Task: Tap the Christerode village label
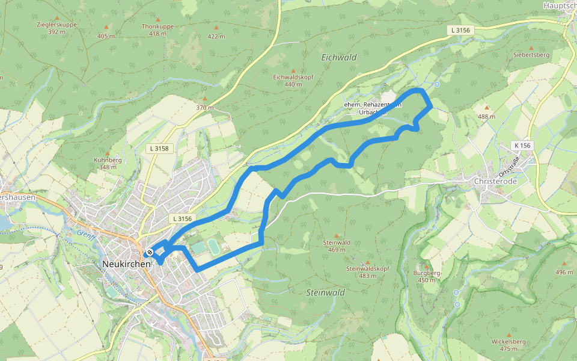coord(496,180)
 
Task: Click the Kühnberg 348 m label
coord(108,163)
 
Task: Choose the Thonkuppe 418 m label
coord(157,30)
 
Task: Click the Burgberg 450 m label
coord(427,276)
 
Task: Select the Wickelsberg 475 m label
coord(508,345)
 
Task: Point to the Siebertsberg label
coord(531,55)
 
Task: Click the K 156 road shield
coord(522,145)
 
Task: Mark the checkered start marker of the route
coord(149,252)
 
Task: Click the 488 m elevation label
coord(486,116)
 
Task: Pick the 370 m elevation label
coord(204,108)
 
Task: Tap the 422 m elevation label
coord(216,36)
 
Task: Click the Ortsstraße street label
coord(513,162)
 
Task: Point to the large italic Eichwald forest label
coord(339,57)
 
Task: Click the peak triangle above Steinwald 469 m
coord(337,236)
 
